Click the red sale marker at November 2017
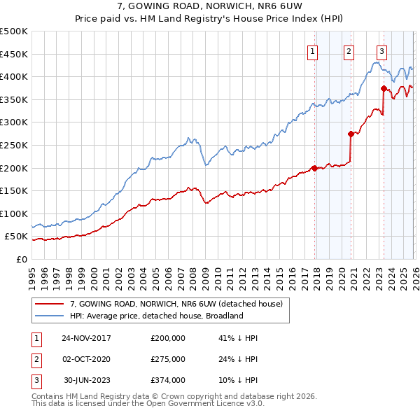point(314,168)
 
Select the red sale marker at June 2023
point(384,88)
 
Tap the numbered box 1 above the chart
point(311,50)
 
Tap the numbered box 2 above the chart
point(349,50)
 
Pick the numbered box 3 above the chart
point(381,50)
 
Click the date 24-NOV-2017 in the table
point(86,338)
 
